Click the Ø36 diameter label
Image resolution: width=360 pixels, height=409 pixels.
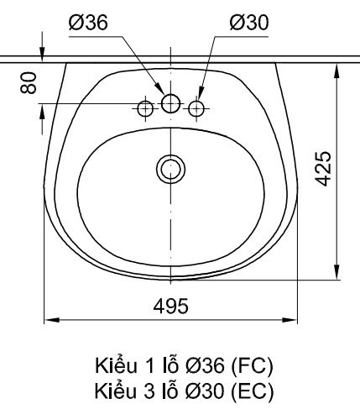coord(87,24)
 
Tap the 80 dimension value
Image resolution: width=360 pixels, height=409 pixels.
coord(29,84)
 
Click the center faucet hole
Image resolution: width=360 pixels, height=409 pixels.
coord(171,103)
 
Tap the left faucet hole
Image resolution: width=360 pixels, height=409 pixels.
coord(145,107)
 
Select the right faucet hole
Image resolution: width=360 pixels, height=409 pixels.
coord(197,107)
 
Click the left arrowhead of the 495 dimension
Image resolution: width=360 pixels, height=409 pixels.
coord(48,319)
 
